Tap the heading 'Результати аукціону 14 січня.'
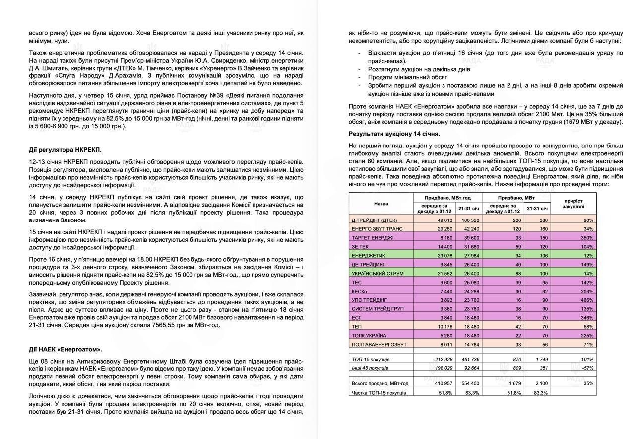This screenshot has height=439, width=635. coord(394,134)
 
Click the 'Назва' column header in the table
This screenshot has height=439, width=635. coord(381,204)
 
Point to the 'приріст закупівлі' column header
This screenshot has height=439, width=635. coord(574,203)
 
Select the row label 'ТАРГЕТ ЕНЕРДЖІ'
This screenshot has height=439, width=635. coord(373,238)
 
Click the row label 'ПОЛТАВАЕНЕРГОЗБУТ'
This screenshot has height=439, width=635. coord(379,344)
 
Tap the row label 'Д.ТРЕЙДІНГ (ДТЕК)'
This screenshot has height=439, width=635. coord(374,220)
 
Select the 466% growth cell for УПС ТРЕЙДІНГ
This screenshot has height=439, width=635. coord(587,300)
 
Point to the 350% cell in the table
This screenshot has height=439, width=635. coord(587,238)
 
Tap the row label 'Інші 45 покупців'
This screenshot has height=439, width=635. coord(370,368)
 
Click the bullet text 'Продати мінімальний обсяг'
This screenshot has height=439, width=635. coord(407,77)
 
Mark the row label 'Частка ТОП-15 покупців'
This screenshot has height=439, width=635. coord(379,393)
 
